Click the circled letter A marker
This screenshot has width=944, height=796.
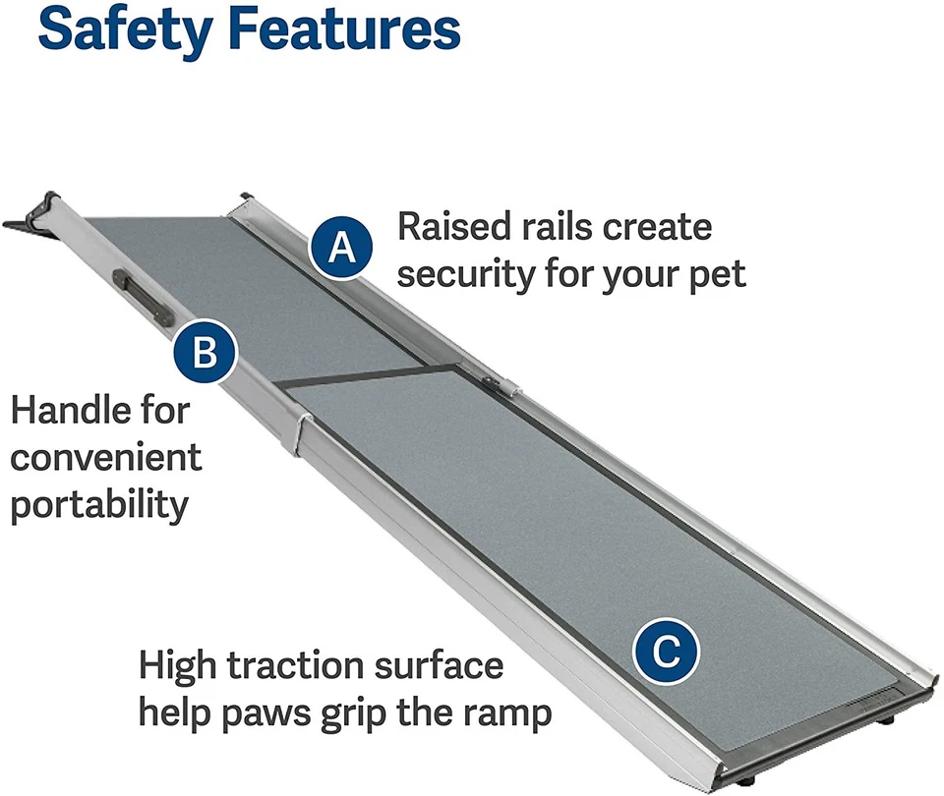click(x=340, y=248)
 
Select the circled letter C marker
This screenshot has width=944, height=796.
click(x=665, y=651)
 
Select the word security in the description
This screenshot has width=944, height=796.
click(x=463, y=274)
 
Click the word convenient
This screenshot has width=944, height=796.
click(x=106, y=457)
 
